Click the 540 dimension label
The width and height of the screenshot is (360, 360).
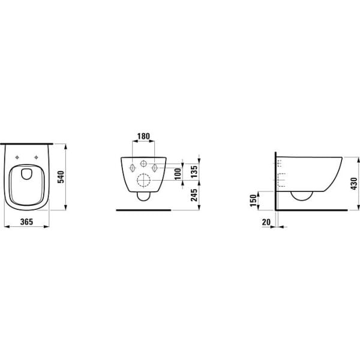tap(61, 176)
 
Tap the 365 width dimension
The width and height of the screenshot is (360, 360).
tap(26, 222)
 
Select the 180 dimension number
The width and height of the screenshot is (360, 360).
tap(143, 136)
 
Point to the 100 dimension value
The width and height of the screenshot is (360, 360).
tap(178, 174)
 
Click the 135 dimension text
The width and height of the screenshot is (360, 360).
tap(194, 172)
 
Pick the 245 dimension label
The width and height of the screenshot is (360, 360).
tap(194, 195)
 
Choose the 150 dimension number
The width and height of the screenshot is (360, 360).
tap(253, 200)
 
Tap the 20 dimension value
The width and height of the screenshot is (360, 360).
tap(266, 222)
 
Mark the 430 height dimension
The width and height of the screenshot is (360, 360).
tap(354, 184)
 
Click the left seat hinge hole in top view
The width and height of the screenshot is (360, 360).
tap(17, 157)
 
